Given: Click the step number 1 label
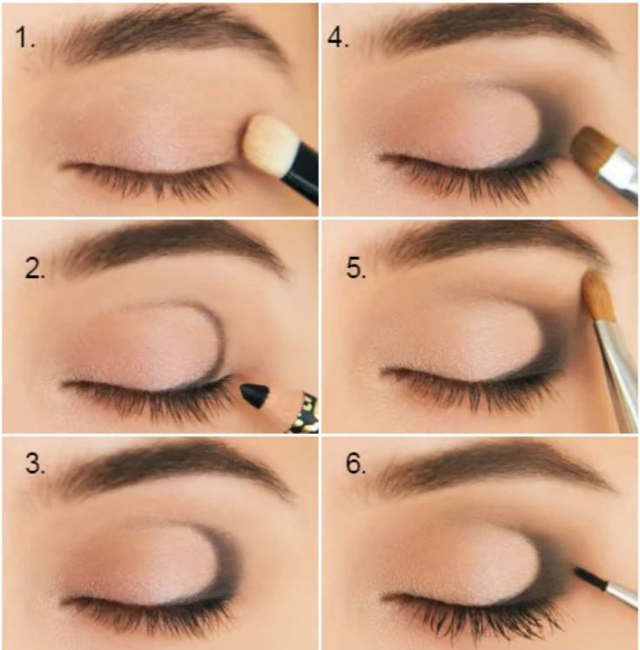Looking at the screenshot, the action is (x=25, y=37).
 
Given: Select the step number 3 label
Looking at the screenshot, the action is (x=35, y=463).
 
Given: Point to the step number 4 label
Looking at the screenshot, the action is (x=338, y=37).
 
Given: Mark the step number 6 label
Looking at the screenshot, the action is (x=356, y=463).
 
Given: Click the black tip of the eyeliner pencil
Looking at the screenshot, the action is (x=254, y=395).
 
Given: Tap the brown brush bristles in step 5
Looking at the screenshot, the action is (x=597, y=295).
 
